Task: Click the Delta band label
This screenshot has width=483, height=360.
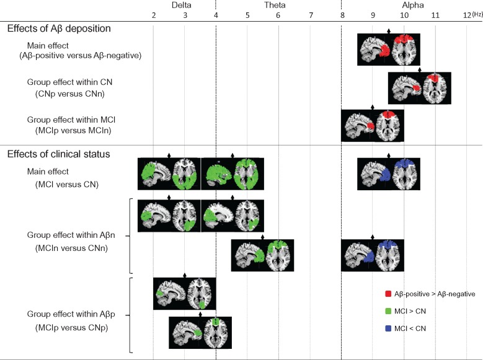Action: pos(184,5)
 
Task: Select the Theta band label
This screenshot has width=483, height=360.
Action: pos(278,5)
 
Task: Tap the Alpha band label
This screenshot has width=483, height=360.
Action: pos(404,5)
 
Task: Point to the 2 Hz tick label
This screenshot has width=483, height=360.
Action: pos(153,15)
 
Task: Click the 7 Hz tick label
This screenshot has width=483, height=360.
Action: pos(310,15)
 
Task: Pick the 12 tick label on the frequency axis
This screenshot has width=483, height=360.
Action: pos(466,15)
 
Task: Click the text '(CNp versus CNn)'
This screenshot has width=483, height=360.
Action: pos(69,94)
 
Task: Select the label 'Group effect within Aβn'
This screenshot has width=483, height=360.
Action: pos(71,236)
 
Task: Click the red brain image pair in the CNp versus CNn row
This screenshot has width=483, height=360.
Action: pos(419,88)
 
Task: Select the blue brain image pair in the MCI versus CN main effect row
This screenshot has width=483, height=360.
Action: pos(388,173)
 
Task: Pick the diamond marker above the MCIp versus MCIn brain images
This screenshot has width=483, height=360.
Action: pos(373,107)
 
